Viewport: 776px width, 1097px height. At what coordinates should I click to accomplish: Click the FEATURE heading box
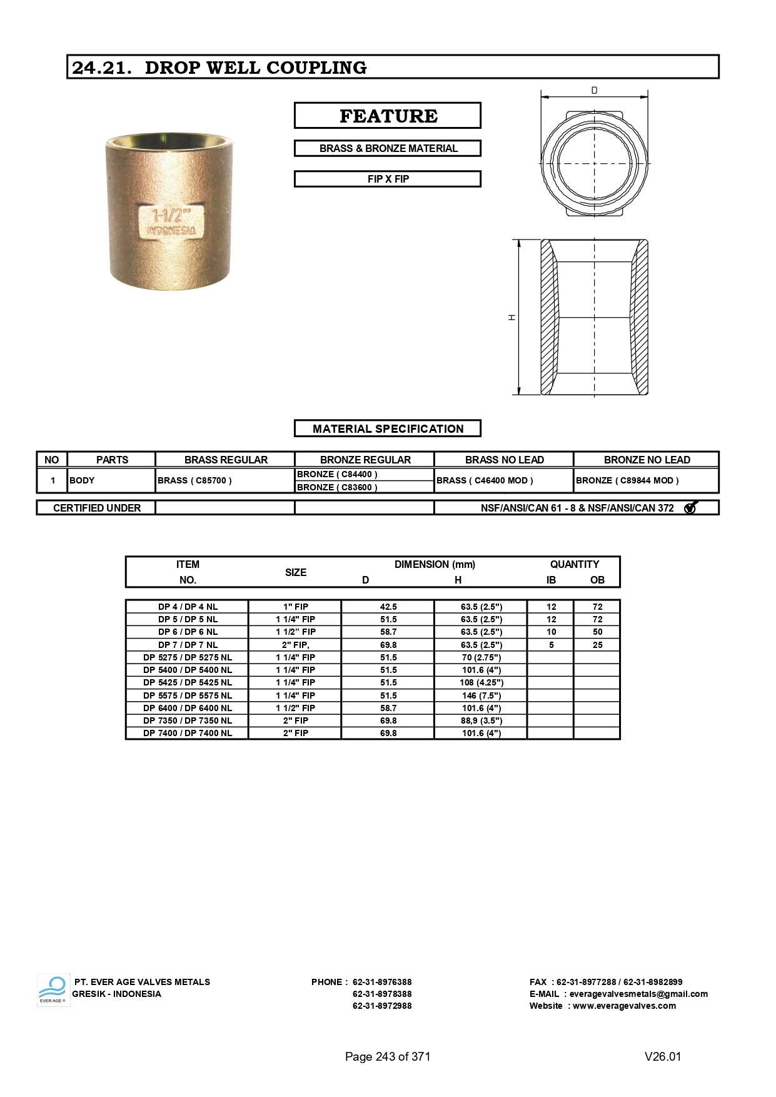(x=388, y=116)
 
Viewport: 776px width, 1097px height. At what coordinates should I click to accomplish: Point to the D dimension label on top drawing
(x=594, y=91)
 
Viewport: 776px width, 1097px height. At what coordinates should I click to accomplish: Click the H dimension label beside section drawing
(x=512, y=318)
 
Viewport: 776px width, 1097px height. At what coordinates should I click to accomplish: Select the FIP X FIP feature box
(x=388, y=179)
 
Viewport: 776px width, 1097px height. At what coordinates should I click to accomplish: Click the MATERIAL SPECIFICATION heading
(x=388, y=428)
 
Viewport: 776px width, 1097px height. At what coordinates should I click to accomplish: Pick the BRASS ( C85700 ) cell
(x=195, y=480)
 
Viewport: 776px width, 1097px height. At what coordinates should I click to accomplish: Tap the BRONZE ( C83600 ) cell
(x=337, y=487)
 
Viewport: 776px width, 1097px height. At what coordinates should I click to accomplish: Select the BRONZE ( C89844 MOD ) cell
(x=627, y=480)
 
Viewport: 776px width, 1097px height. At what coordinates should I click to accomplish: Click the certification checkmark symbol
(x=690, y=508)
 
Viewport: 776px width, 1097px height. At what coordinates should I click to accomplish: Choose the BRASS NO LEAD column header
(x=504, y=460)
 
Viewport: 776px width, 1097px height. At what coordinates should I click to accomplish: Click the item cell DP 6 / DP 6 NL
(x=188, y=632)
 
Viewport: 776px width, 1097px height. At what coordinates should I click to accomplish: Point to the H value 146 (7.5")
(x=481, y=695)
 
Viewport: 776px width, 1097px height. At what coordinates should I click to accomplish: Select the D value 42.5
(x=388, y=607)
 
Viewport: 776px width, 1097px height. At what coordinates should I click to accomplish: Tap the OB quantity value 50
(x=598, y=632)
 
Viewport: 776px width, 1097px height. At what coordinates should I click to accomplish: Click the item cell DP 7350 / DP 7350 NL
(x=188, y=720)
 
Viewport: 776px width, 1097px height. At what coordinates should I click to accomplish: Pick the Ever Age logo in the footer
(x=53, y=990)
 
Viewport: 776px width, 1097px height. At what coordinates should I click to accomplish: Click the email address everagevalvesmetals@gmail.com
(x=638, y=994)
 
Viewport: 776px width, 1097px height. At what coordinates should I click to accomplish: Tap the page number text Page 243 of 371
(x=388, y=1056)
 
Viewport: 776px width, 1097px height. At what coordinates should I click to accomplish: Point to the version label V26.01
(x=663, y=1056)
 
